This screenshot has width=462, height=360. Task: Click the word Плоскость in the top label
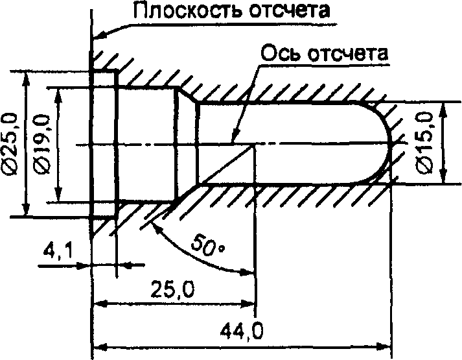[x=188, y=11]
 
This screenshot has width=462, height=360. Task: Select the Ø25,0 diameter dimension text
[x=10, y=143]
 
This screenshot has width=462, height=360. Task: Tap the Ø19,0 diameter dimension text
[x=42, y=143]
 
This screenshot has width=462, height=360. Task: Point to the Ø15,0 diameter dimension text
[x=424, y=141]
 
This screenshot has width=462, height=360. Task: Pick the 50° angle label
[x=207, y=245]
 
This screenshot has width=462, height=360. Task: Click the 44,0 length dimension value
[x=242, y=330]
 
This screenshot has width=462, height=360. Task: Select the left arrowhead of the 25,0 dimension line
[x=100, y=304]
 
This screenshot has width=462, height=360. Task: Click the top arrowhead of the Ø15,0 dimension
[x=442, y=110]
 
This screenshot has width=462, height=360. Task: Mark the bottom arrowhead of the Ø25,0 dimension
[x=26, y=209]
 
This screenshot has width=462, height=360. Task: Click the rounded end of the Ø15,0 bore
[x=389, y=143]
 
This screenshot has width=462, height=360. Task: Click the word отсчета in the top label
[x=290, y=11]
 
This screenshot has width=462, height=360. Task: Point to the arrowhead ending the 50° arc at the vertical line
[x=247, y=272]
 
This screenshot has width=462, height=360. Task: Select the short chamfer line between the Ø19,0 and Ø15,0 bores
[x=187, y=94]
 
